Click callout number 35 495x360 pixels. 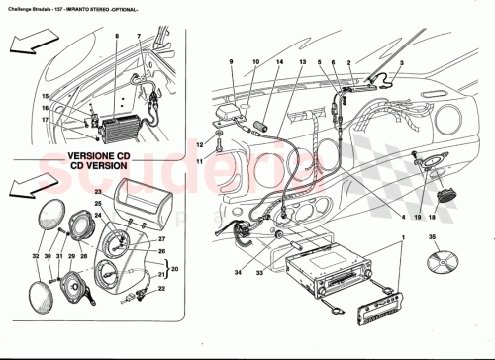tap(432, 237)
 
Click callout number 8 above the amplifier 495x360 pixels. tap(116, 37)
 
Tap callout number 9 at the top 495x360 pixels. tap(232, 62)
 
